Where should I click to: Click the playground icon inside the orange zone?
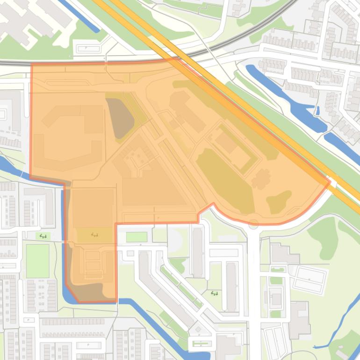[94, 234]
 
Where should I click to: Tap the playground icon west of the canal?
[43, 236]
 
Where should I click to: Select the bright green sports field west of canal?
[37, 260]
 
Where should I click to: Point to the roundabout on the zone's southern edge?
[253, 224]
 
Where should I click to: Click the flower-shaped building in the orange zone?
[261, 179]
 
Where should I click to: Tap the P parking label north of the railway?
[87, 48]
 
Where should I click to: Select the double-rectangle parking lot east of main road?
[309, 279]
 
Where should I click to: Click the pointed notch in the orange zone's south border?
[213, 204]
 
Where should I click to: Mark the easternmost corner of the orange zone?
[330, 181]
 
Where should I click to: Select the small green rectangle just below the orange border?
[137, 237]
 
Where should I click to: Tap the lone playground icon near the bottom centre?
[215, 294]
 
